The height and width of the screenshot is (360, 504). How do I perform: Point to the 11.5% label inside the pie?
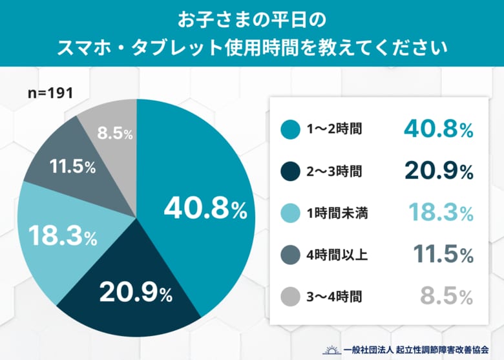click(x=72, y=166)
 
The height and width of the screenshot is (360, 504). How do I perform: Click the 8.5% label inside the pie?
click(x=115, y=134)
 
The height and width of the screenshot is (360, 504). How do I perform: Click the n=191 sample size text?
click(x=50, y=93)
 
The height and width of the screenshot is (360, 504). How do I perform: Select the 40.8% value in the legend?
click(x=439, y=129)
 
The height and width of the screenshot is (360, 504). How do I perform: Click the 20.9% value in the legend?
click(x=439, y=171)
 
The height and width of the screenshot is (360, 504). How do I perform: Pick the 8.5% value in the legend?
click(x=446, y=297)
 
